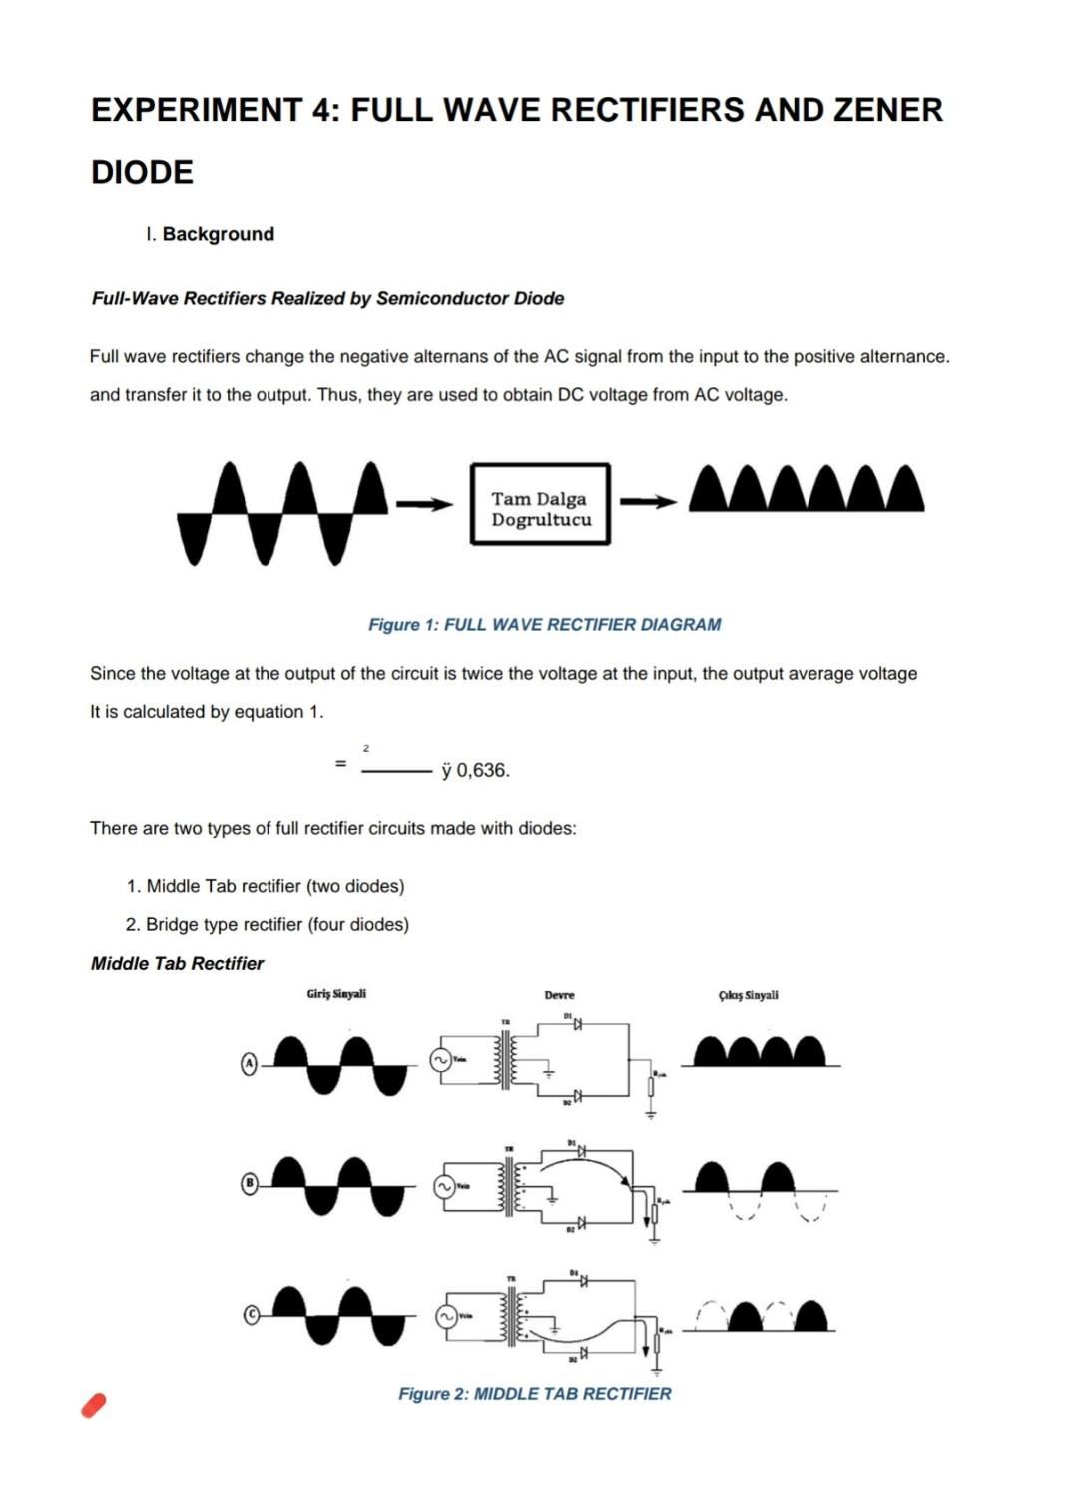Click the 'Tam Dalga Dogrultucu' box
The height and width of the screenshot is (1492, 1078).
[540, 504]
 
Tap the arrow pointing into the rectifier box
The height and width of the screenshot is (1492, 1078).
[424, 505]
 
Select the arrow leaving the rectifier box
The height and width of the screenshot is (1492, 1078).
[648, 502]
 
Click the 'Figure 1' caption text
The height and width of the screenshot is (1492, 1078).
[544, 625]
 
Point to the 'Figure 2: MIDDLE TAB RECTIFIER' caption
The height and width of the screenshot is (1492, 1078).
[534, 1394]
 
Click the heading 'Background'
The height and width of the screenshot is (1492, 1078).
[218, 234]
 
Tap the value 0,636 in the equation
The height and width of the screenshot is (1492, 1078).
[483, 770]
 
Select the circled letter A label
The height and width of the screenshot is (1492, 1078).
[250, 1064]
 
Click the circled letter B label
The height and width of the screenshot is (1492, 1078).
[251, 1184]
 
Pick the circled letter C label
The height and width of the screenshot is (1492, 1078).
[252, 1316]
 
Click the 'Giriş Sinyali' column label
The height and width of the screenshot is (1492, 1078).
[336, 994]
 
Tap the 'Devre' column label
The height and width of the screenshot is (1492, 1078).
[559, 995]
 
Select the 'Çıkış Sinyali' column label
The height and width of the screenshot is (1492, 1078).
[748, 995]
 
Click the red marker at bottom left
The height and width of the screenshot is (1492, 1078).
[94, 1405]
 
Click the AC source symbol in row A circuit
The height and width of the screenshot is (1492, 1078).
[440, 1060]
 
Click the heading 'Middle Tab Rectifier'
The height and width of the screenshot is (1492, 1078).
[177, 963]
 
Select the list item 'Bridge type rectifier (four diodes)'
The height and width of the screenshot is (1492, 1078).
[276, 924]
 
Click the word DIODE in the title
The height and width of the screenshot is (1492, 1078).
[142, 172]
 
